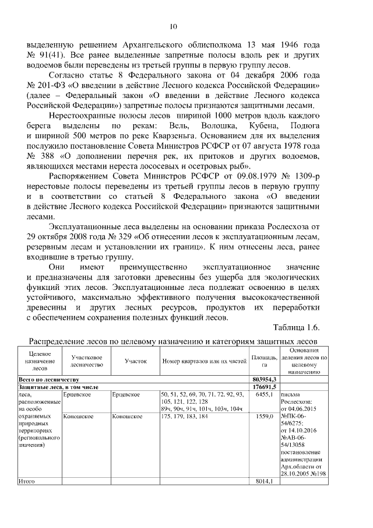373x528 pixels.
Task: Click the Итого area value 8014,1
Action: click(x=265, y=481)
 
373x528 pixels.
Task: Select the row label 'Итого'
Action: click(x=27, y=481)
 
